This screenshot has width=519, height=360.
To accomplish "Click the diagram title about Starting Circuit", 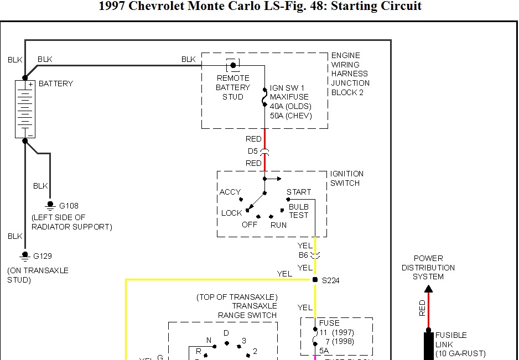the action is (259, 7).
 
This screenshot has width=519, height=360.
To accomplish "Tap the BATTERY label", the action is (56, 84).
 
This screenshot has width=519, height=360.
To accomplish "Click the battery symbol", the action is (25, 108).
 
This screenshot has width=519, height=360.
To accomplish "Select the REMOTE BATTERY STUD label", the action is (232, 87).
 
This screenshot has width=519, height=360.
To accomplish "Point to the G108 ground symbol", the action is (50, 205).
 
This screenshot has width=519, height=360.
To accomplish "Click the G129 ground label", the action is (43, 256).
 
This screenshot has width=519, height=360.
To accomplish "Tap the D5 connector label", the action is (253, 151).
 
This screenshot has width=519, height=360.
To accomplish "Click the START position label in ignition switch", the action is (299, 192).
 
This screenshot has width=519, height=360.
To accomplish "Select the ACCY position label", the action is (230, 192).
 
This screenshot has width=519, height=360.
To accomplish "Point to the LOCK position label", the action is (232, 213).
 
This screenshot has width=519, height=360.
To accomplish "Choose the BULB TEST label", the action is (298, 211).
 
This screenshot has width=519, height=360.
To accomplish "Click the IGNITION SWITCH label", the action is (347, 178).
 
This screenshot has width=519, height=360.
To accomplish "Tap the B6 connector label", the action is (303, 255).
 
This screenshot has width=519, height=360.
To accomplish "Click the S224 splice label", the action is (330, 280).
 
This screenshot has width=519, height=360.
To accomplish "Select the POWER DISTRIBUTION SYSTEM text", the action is (428, 267).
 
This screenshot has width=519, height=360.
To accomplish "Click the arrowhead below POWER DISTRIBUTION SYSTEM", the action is (428, 289).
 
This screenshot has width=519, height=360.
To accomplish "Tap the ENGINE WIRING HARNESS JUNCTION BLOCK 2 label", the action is (350, 74).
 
